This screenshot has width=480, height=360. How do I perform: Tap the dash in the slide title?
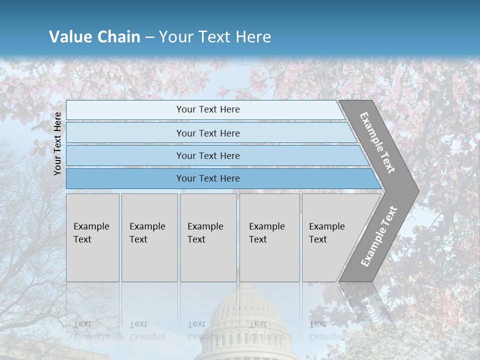(149, 37)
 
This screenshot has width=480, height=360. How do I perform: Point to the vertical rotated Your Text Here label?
(57, 143)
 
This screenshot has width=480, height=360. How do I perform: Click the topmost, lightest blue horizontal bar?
(205, 110)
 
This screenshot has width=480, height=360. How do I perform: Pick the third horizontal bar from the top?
(215, 155)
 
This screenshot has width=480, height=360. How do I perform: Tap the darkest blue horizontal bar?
(220, 178)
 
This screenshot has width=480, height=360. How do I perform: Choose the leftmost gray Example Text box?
(92, 237)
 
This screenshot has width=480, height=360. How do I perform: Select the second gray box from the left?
(149, 237)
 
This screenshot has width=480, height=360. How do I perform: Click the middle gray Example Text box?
(208, 237)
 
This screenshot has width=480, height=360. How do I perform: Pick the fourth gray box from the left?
(269, 237)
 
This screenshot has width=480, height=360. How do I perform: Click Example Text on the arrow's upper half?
(377, 142)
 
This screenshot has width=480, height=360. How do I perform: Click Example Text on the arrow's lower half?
(379, 236)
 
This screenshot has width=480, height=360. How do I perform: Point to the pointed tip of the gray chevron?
(417, 190)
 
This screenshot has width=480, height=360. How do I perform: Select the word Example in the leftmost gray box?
(91, 226)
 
